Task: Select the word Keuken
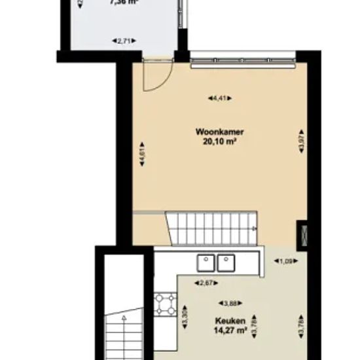click(229, 321)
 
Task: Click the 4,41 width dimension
click(221, 99)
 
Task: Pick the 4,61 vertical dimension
click(142, 157)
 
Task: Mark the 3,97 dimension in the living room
click(302, 139)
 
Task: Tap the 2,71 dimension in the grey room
click(125, 41)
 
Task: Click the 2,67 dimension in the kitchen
click(207, 283)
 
